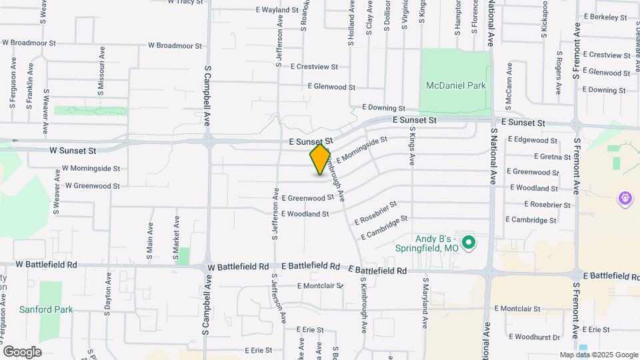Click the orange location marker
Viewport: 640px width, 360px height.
tap(320, 159)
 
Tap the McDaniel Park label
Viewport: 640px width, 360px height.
tap(456, 85)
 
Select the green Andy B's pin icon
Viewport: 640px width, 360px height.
tap(469, 242)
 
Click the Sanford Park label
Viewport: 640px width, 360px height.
tap(45, 309)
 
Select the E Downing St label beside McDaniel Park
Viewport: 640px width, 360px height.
tap(383, 107)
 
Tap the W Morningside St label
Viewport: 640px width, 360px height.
tap(91, 169)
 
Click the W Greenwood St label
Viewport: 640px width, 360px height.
tap(92, 186)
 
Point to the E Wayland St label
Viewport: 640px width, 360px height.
tap(277, 11)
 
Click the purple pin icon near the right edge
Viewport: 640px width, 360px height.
tap(625, 197)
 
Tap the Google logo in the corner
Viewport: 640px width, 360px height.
tap(22, 351)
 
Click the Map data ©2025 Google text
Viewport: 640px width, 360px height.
tap(598, 355)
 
